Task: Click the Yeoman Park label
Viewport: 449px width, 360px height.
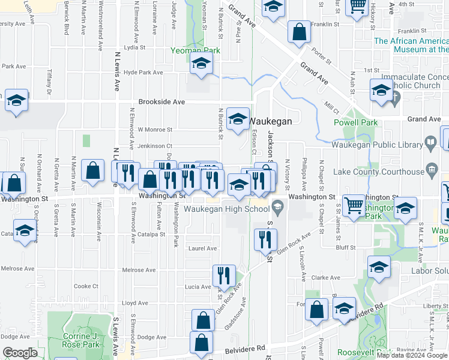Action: (x=195, y=50)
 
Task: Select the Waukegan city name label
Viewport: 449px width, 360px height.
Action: (x=270, y=121)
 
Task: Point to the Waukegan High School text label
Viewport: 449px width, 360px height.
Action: (x=227, y=209)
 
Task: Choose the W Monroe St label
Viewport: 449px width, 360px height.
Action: (x=155, y=129)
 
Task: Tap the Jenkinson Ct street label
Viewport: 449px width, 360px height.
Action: (x=155, y=146)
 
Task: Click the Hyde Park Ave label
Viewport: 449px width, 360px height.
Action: (x=143, y=73)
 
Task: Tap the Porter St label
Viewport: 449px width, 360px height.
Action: (x=322, y=57)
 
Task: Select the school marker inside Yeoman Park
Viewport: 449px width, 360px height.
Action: (x=201, y=63)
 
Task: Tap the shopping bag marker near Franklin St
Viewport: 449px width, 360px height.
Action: (x=299, y=32)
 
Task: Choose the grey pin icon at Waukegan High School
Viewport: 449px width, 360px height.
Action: (x=277, y=209)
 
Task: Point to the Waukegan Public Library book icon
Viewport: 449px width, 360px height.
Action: (x=430, y=143)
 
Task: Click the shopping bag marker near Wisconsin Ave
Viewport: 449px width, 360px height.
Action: (x=93, y=171)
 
